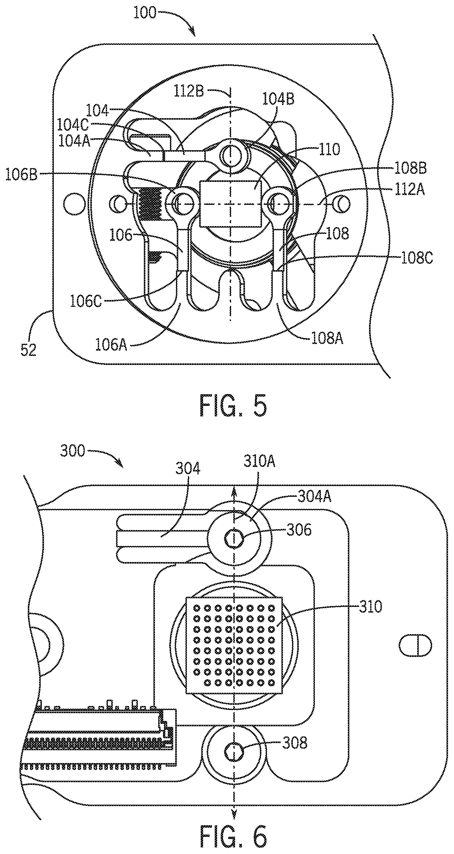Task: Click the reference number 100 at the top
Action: pos(145,13)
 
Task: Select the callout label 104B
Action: pos(278,99)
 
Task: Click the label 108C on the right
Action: pos(417,258)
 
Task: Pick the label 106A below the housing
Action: pos(111,345)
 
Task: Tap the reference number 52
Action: pos(28,350)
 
